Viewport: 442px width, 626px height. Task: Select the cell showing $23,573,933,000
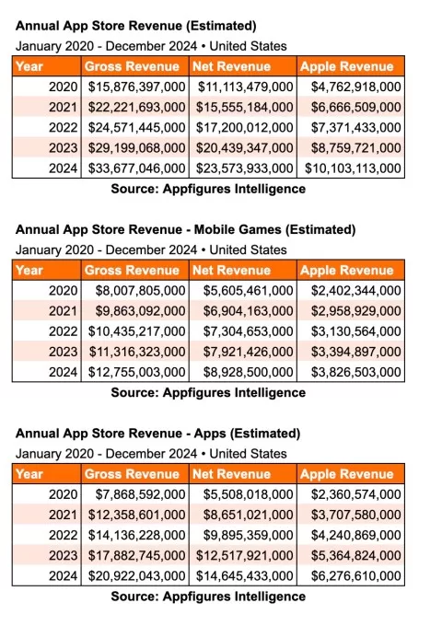pos(245,168)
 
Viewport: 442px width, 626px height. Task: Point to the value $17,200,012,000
pos(245,128)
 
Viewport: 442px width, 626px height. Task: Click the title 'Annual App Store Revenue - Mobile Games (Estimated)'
pos(185,229)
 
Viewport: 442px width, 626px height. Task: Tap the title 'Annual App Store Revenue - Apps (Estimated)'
pos(157,433)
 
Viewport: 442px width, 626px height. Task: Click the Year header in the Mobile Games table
pos(29,270)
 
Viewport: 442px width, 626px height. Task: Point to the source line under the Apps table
pos(207,597)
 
